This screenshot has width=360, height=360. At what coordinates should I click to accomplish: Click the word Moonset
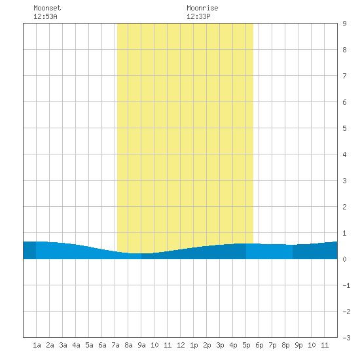47,8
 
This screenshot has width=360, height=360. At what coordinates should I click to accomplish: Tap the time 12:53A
45,16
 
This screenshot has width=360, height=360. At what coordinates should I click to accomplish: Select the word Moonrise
202,8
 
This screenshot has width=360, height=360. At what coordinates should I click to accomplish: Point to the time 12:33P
198,16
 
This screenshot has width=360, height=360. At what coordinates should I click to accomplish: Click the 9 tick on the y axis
344,24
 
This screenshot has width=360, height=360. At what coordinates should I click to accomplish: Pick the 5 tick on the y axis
344,128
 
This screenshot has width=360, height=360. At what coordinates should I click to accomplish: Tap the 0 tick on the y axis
344,259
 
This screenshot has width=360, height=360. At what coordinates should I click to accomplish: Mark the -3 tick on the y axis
346,338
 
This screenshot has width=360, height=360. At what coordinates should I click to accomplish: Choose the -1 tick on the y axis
346,285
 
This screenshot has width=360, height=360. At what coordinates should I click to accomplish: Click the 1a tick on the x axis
37,345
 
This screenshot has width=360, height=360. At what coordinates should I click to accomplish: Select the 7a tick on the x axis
115,345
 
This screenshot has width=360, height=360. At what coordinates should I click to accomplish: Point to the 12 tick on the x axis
181,345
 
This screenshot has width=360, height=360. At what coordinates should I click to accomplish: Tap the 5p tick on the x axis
246,345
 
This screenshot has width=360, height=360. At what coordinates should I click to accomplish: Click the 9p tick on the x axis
298,345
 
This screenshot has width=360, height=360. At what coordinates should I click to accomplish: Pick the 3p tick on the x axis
220,345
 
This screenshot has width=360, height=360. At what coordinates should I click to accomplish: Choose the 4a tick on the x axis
76,345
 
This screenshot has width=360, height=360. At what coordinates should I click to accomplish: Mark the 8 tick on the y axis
344,50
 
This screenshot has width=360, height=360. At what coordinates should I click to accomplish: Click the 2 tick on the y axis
344,207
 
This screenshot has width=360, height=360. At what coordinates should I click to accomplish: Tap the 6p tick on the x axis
259,345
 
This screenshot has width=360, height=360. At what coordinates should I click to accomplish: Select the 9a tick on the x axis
141,345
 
